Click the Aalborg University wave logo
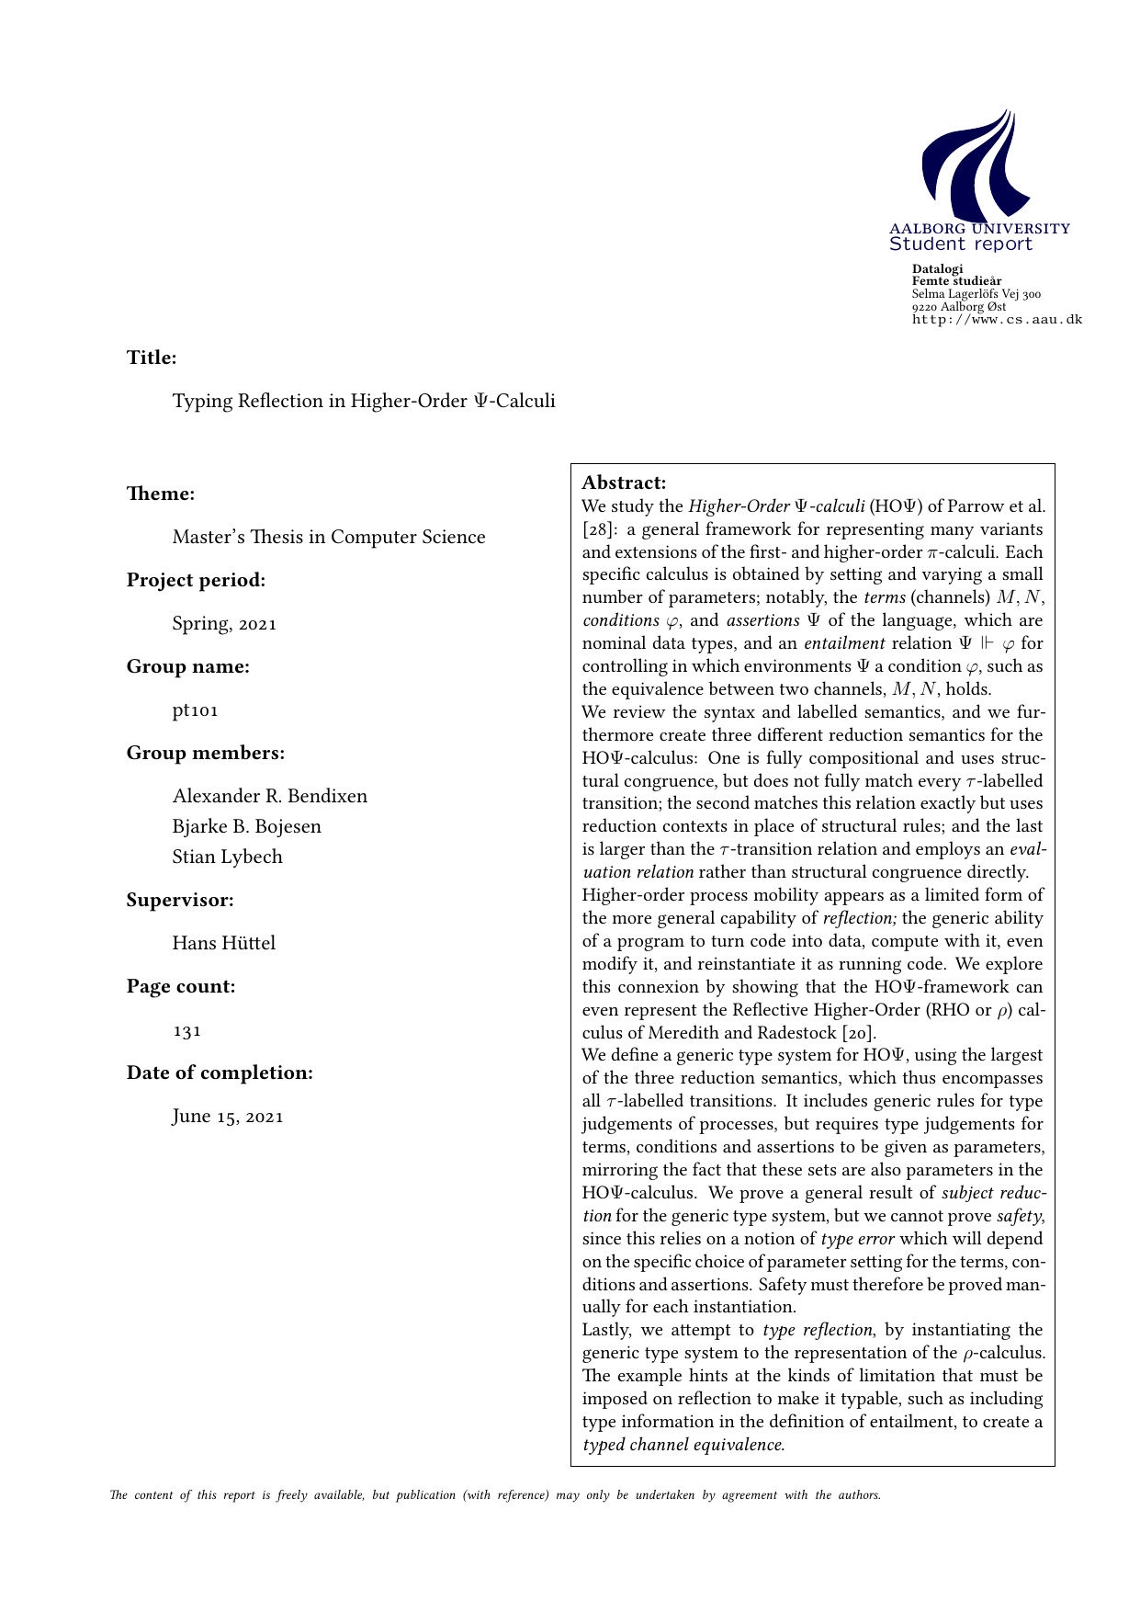[x=976, y=164]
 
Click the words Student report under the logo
[x=960, y=244]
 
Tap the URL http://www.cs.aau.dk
[x=997, y=320]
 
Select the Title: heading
[x=152, y=358]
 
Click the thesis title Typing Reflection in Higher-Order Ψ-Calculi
[x=364, y=402]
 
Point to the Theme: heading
[x=161, y=494]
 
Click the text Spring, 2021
[x=224, y=624]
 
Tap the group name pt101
[x=195, y=710]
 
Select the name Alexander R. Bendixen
[x=270, y=797]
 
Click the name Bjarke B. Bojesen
[x=247, y=827]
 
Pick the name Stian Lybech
[x=227, y=857]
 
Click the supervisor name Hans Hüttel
[x=223, y=944]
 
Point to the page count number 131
[x=186, y=1031]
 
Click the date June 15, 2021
[x=228, y=1118]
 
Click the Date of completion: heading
[x=220, y=1073]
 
